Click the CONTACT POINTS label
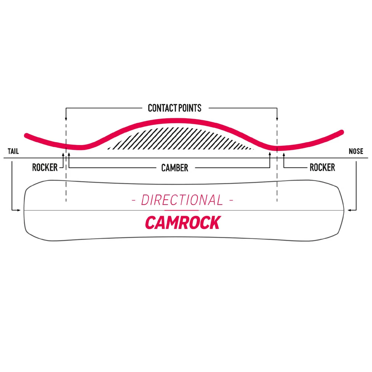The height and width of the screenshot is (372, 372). tap(174, 108)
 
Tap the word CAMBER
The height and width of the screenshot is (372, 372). tap(174, 168)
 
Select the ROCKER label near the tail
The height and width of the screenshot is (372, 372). tap(45, 167)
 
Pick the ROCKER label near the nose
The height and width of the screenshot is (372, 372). tap(322, 167)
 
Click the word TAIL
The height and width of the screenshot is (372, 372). tap(13, 151)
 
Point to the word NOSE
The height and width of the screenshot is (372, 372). tap(356, 151)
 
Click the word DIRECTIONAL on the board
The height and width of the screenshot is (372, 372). tap(182, 201)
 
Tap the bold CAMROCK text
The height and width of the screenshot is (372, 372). tap(182, 222)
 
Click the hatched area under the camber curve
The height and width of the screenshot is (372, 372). tap(179, 139)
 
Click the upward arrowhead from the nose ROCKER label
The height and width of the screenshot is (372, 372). tap(284, 154)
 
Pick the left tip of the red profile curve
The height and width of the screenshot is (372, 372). tap(26, 135)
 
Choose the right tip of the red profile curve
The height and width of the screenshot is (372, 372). tap(341, 132)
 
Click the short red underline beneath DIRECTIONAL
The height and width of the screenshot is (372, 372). tap(182, 211)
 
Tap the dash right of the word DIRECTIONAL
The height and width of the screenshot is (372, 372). tap(232, 201)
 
